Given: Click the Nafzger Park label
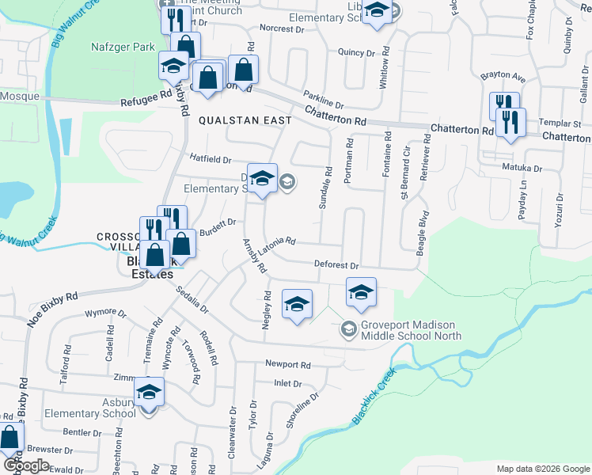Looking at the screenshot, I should [122, 47].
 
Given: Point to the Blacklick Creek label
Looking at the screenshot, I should [373, 398].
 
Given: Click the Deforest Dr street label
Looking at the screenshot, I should [336, 266].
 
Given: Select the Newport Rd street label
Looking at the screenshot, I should [288, 365].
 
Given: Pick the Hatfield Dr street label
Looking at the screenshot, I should [209, 158].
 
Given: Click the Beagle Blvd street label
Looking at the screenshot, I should [421, 232].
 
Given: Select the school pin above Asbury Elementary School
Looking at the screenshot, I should [148, 392].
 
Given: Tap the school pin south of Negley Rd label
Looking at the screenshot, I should [297, 304].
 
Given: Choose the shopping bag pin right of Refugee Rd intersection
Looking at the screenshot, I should [243, 69].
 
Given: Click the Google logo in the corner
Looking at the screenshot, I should [26, 465].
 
